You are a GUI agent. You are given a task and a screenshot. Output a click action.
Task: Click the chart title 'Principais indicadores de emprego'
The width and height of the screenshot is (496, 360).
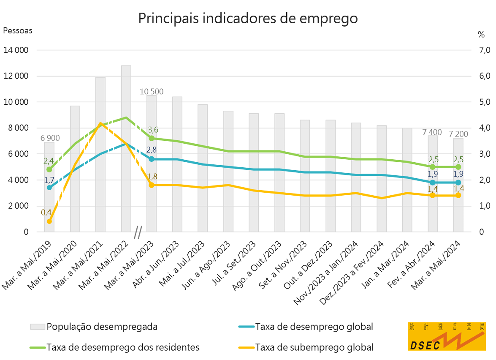(x=248, y=18)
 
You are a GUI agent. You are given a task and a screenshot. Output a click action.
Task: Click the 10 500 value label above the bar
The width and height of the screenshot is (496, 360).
(x=152, y=92)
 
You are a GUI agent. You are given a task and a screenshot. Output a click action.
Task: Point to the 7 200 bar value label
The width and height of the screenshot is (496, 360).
(x=458, y=134)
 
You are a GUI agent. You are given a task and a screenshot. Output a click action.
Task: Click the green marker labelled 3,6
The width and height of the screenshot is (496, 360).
(x=152, y=138)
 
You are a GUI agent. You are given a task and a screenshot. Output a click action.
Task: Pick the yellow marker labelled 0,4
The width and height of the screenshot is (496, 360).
(x=49, y=221)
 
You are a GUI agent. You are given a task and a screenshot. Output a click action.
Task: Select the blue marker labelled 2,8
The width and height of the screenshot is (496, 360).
(x=152, y=159)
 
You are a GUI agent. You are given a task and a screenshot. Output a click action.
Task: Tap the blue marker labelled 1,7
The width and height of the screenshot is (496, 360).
(x=49, y=187)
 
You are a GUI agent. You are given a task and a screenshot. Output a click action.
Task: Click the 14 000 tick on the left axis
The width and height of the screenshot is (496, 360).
(x=16, y=50)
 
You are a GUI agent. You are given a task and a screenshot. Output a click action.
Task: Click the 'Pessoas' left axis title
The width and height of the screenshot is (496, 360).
(x=18, y=30)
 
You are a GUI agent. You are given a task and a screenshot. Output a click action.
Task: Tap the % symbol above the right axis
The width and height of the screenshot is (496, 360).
(x=481, y=34)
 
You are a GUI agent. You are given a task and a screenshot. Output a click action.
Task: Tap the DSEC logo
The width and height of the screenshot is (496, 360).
(x=447, y=336)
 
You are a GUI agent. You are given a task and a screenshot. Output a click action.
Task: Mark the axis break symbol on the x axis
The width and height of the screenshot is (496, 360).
(x=138, y=232)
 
